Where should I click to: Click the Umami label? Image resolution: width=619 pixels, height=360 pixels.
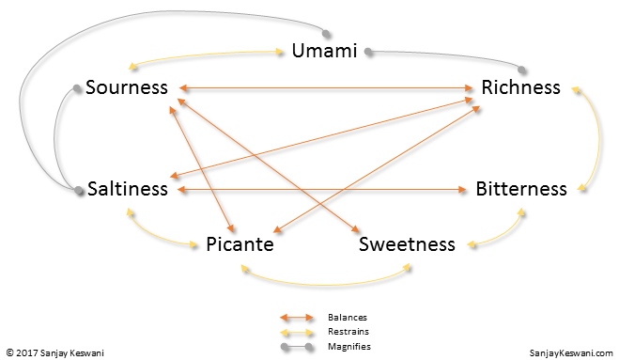tap(324, 51)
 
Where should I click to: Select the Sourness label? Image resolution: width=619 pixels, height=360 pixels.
tap(127, 88)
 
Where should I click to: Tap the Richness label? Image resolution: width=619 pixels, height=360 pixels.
tap(520, 88)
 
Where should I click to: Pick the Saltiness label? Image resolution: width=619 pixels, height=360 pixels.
tap(128, 189)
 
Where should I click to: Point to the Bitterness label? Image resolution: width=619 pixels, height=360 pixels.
tap(521, 189)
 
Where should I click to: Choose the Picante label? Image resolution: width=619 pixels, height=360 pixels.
tap(240, 245)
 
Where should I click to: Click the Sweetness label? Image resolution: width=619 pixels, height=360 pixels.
tap(407, 245)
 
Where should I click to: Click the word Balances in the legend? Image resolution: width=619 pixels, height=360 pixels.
tap(347, 318)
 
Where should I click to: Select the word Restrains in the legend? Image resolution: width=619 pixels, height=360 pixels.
tap(348, 332)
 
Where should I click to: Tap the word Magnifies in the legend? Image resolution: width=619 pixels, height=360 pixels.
tap(348, 346)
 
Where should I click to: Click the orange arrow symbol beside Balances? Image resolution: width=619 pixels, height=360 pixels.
tap(297, 319)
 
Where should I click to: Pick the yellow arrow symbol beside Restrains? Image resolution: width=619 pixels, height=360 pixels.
tap(297, 333)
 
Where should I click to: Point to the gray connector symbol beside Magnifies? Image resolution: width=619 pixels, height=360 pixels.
tap(297, 347)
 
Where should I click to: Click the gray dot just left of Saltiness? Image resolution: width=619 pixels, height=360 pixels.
tap(79, 191)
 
